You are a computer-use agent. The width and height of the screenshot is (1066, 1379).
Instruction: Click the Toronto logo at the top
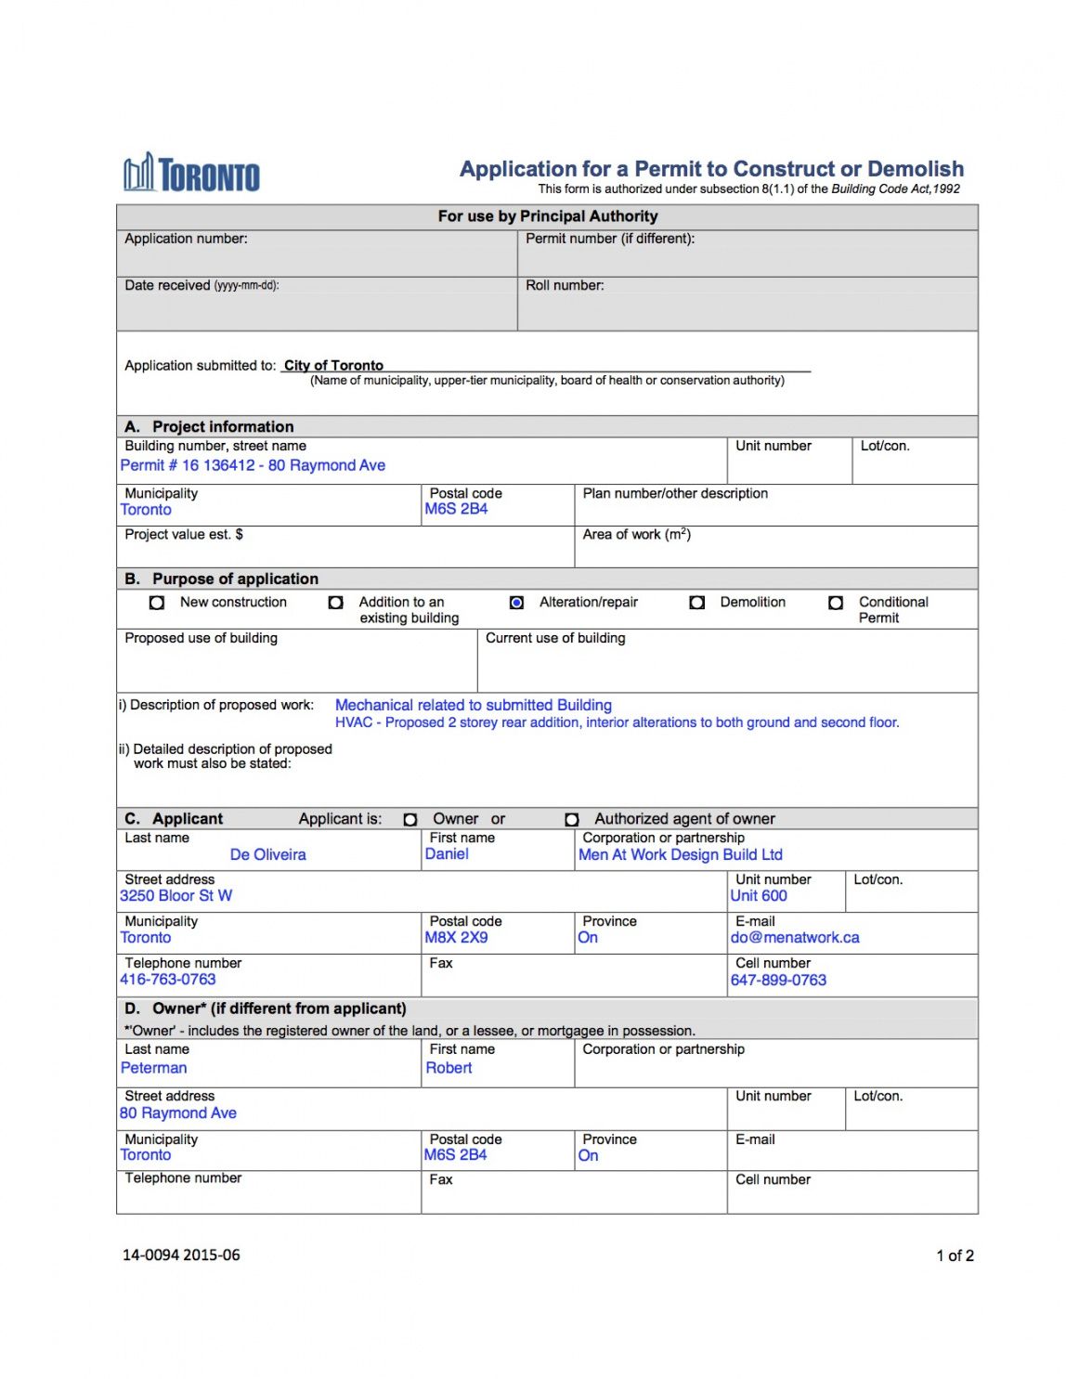(x=192, y=174)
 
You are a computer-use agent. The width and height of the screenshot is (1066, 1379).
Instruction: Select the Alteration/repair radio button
(x=517, y=603)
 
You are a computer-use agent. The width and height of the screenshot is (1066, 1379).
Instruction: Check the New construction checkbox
(x=157, y=603)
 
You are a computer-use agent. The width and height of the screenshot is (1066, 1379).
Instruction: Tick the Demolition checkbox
(x=697, y=603)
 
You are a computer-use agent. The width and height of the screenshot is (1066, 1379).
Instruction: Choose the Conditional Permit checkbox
(x=836, y=603)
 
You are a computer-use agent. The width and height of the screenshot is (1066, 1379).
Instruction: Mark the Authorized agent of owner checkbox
(x=572, y=819)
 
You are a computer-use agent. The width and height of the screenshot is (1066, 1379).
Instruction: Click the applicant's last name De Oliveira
(x=267, y=854)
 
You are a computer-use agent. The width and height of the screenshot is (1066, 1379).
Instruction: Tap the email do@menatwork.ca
(x=795, y=938)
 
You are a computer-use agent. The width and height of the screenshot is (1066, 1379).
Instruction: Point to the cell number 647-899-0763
(x=778, y=980)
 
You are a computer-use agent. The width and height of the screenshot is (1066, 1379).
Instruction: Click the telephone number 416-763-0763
(x=168, y=980)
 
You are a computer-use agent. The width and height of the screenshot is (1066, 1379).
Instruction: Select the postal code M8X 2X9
(x=456, y=938)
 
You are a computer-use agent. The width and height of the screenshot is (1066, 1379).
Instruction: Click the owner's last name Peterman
(x=154, y=1068)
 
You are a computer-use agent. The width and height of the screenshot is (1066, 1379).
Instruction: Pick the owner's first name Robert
(x=448, y=1068)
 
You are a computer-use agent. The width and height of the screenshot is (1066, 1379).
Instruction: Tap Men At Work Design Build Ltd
(x=681, y=854)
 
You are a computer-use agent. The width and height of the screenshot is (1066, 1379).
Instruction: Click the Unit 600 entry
(x=759, y=896)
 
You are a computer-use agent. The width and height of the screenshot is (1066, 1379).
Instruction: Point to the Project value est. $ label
(x=184, y=535)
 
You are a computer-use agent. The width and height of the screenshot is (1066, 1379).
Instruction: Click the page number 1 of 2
(x=955, y=1255)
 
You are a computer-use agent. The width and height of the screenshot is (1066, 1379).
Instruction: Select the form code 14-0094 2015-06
(x=181, y=1255)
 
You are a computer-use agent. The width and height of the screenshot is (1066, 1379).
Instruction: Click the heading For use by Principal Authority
(x=548, y=216)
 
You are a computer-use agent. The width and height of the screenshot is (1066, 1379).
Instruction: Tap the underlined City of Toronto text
(x=333, y=365)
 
